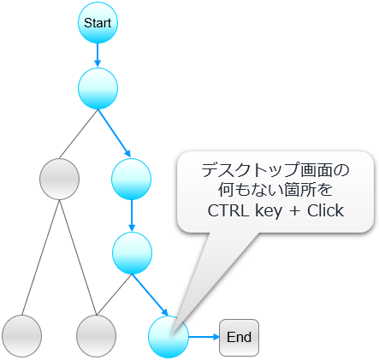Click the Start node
tap(98, 23)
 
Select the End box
tap(239, 338)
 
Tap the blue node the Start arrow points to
tap(98, 88)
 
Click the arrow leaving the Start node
tap(98, 55)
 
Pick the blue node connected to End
tap(169, 337)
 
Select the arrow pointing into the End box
tap(204, 337)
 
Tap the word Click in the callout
tap(325, 211)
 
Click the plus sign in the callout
tap(294, 212)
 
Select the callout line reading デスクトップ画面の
tap(275, 170)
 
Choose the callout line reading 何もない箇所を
tap(275, 190)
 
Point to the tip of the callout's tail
tap(171, 333)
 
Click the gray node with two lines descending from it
tap(59, 179)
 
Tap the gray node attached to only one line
tap(21, 336)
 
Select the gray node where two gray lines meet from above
tap(97, 336)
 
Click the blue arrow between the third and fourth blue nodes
tap(132, 215)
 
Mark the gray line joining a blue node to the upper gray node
tap(79, 134)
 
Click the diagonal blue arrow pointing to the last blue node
tap(150, 294)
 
